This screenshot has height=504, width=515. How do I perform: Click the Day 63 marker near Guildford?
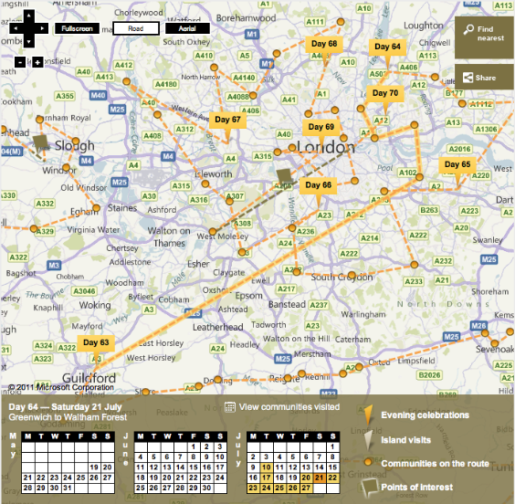(x=96, y=343)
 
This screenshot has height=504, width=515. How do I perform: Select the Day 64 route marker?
(x=386, y=47)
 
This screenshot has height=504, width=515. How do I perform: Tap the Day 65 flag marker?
(x=458, y=165)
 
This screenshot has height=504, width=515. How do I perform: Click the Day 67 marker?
(x=227, y=120)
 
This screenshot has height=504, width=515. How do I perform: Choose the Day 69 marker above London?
(x=321, y=127)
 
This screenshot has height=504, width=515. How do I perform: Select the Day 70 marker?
(x=385, y=94)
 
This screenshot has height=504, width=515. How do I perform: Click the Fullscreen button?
(x=78, y=29)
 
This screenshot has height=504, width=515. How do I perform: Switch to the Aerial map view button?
(x=187, y=29)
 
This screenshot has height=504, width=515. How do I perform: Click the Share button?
(x=485, y=78)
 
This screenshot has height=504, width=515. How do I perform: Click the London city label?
(x=326, y=147)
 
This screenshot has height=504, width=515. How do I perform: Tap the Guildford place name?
(x=89, y=377)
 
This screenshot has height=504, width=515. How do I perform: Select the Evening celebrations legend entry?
(x=425, y=415)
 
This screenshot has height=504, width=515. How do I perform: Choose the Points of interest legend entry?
(x=415, y=488)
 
